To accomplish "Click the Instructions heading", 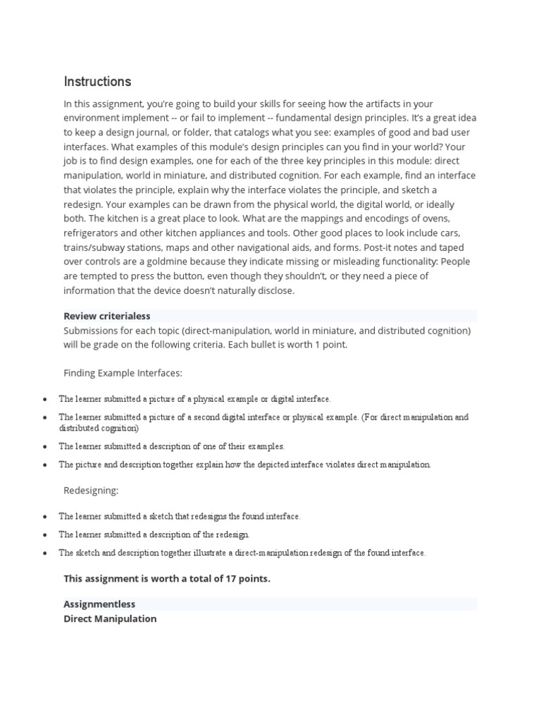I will pos(97,82).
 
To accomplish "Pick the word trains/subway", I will pos(94,247).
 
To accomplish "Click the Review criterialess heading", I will pos(107,316).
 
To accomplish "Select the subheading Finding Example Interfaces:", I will pos(123,373).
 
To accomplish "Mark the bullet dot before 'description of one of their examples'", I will pos(44,446).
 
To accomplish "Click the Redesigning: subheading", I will pos(91,489).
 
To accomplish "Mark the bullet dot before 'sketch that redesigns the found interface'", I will pos(44,517).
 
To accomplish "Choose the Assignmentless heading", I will pos(99,604).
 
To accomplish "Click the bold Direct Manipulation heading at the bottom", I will pos(110,618).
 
